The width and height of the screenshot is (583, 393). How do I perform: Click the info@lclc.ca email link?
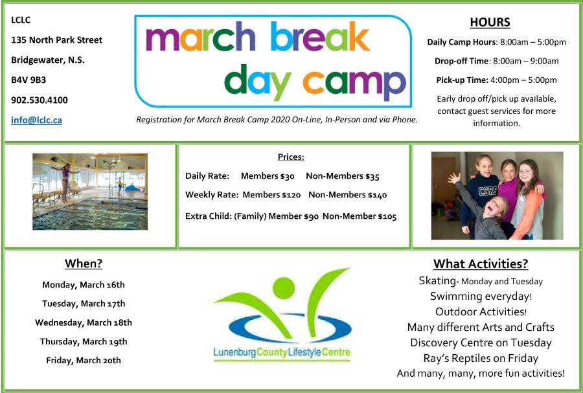pyautogui.click(x=36, y=120)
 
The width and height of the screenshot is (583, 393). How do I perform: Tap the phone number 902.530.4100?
pyautogui.click(x=40, y=100)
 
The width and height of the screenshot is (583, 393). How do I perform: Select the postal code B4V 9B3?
pyautogui.click(x=29, y=80)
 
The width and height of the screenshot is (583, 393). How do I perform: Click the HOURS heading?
pyautogui.click(x=490, y=23)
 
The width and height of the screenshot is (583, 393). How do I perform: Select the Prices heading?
pyautogui.click(x=291, y=157)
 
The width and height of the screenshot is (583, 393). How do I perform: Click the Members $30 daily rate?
pyautogui.click(x=268, y=175)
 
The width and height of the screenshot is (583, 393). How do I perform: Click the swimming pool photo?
pyautogui.click(x=90, y=192)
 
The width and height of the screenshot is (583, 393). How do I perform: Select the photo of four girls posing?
pyautogui.click(x=497, y=196)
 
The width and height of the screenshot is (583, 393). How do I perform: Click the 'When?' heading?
pyautogui.click(x=84, y=264)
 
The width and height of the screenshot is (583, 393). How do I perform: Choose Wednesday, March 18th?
pyautogui.click(x=84, y=322)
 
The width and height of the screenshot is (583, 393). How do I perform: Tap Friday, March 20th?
pyautogui.click(x=84, y=360)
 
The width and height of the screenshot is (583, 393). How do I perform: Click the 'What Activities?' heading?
pyautogui.click(x=480, y=264)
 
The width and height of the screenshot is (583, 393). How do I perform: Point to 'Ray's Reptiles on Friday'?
pyautogui.click(x=480, y=358)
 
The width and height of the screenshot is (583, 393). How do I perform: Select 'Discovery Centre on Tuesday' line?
pyautogui.click(x=480, y=342)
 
